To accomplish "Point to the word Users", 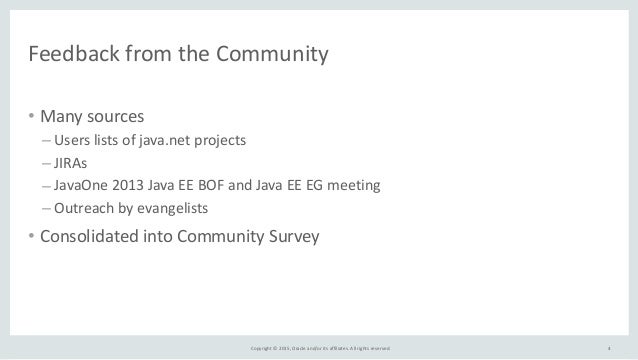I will (72, 139).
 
